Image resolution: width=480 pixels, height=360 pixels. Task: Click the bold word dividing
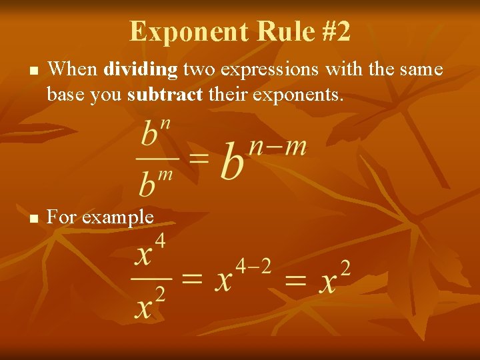(x=141, y=69)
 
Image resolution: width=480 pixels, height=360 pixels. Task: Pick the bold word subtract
(x=164, y=95)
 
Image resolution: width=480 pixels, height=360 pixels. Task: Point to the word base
(x=65, y=95)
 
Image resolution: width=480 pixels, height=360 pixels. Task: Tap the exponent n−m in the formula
(x=277, y=145)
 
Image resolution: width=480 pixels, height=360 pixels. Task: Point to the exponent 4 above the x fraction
(x=160, y=239)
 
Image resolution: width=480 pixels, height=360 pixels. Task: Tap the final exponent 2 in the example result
(x=344, y=268)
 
